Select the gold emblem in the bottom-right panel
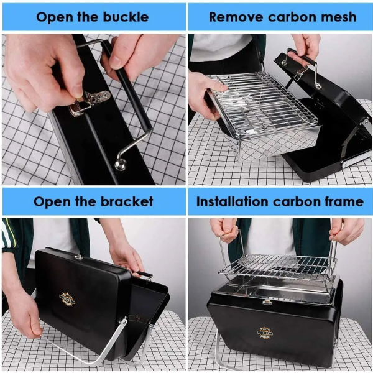(267, 331)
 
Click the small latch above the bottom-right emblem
(267, 302)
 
